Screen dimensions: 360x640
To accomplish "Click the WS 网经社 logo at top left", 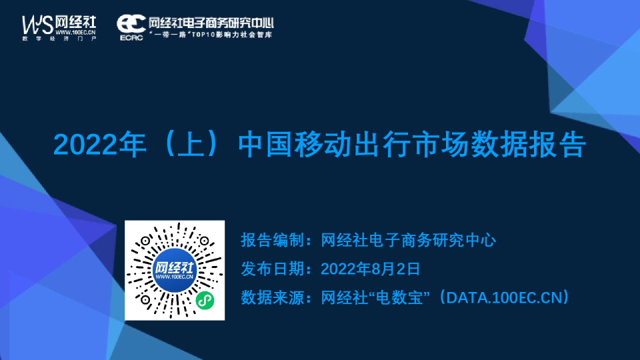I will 59,26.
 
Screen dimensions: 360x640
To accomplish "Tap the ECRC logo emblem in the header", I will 131,24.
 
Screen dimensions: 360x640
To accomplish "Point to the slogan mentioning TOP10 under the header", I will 211,34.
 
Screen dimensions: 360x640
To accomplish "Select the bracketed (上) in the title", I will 191,145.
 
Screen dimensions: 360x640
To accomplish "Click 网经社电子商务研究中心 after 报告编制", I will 408,240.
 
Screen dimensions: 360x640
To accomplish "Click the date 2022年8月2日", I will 370,269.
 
